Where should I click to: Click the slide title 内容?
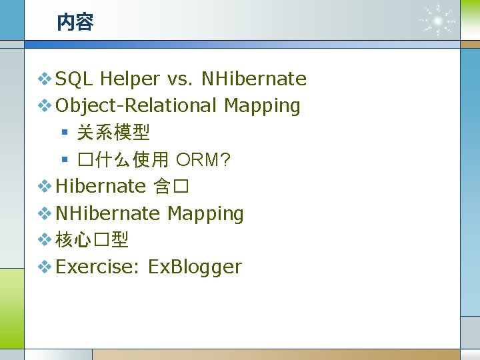[x=75, y=23]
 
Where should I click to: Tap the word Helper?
[x=131, y=79]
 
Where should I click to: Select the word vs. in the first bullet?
[x=181, y=79]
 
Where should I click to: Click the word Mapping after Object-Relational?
[x=262, y=105]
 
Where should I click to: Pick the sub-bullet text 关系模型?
[x=113, y=133]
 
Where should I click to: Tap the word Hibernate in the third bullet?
[x=101, y=186]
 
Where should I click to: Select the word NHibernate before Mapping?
[x=108, y=213]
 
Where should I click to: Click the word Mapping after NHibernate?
[x=205, y=213]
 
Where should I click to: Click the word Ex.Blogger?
[x=195, y=267]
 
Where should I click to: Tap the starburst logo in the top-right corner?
[x=437, y=21]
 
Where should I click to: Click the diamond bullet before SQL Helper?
[x=44, y=79]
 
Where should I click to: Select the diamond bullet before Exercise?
[x=44, y=267]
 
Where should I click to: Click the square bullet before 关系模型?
[x=65, y=133]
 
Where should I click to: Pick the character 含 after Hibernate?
[x=162, y=186]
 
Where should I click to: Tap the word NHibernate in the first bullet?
[x=254, y=79]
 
